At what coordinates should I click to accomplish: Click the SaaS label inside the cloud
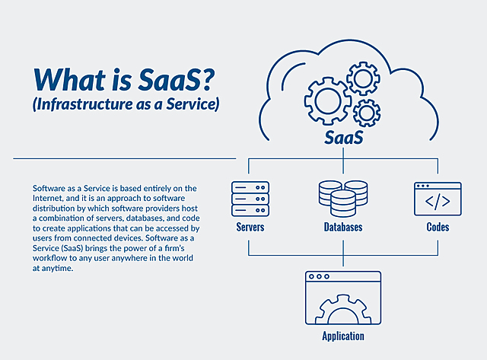[x=344, y=139]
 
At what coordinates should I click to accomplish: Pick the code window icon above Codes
[x=438, y=199]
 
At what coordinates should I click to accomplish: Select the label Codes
[x=438, y=227]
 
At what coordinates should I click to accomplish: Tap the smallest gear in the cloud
[x=368, y=113]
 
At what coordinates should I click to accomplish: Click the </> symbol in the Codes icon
[x=438, y=203]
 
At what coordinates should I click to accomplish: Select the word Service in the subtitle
[x=188, y=104]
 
